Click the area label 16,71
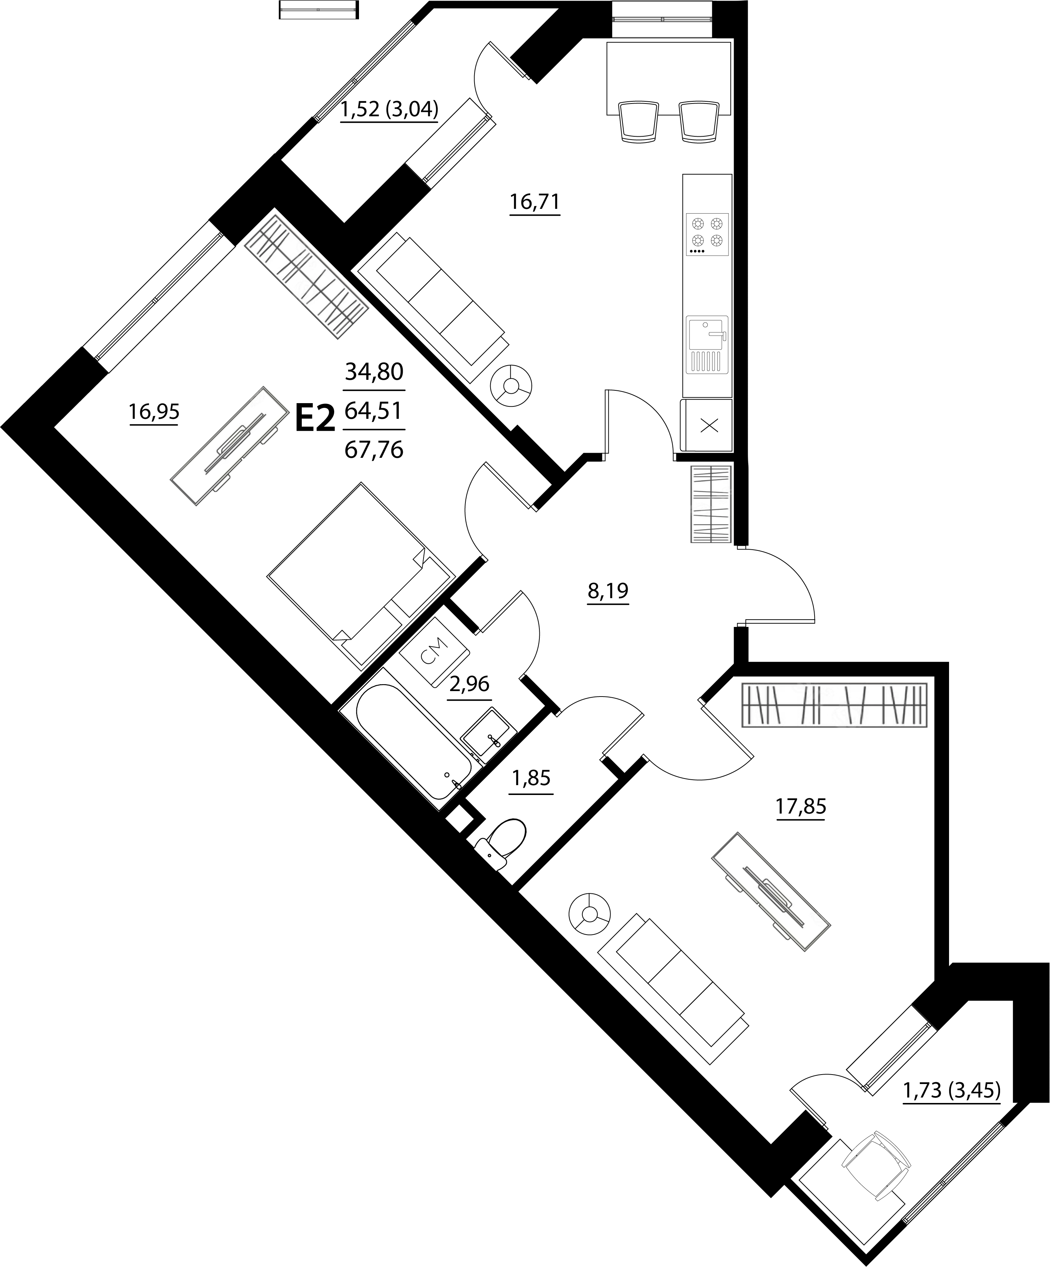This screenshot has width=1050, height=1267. [x=535, y=202]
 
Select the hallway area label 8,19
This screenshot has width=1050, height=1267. [x=608, y=591]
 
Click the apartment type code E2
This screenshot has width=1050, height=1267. [x=315, y=419]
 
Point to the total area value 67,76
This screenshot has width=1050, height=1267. [x=374, y=449]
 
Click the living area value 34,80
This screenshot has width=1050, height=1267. [x=374, y=372]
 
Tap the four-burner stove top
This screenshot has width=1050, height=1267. [x=707, y=234]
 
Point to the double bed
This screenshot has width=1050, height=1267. [x=361, y=575]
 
